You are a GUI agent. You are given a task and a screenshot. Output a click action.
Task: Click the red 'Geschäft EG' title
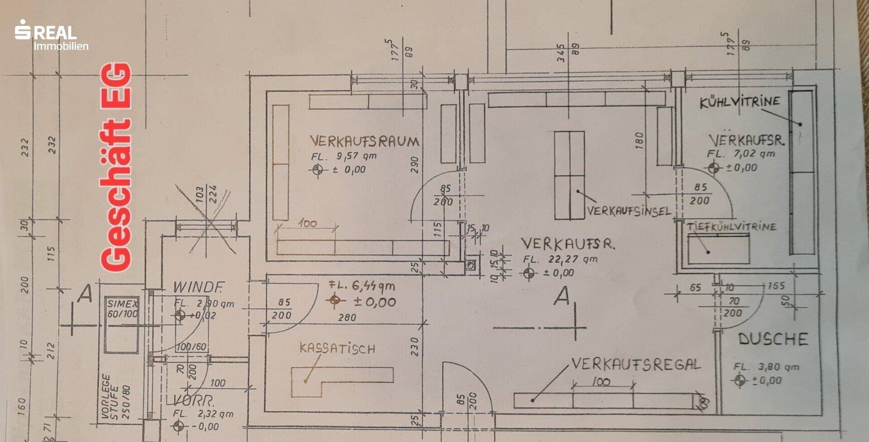116,168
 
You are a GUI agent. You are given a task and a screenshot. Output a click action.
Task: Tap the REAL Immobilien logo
51,35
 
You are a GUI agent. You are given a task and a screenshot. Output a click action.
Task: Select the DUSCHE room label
773,339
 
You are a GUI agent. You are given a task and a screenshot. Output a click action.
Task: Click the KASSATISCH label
337,348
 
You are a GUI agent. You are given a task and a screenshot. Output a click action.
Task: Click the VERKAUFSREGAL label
635,364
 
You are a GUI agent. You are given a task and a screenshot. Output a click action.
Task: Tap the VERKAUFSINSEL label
629,211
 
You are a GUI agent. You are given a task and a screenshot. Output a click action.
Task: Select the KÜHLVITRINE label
740,102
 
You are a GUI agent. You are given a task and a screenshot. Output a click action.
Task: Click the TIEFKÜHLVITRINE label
731,226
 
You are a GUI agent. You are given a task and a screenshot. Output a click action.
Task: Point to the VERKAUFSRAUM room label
364,141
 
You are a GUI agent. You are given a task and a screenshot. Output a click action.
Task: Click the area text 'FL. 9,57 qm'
344,156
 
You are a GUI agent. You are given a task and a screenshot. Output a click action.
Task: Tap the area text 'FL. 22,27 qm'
560,259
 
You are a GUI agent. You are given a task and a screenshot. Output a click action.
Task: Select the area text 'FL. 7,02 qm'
741,154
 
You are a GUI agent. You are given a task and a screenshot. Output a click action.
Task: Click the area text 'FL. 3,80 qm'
766,367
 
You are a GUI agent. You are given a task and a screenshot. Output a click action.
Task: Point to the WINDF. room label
198,287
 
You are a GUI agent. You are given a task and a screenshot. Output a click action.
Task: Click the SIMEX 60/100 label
122,309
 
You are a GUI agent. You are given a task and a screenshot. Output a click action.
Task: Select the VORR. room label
194,400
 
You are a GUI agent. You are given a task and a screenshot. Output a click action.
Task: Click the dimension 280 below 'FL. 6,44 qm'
347,317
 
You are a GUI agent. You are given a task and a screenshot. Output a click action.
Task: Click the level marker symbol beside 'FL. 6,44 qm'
335,300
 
